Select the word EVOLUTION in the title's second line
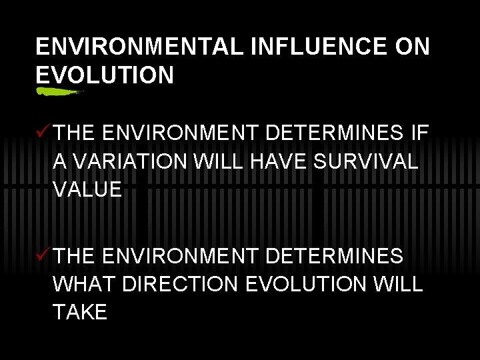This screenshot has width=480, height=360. (x=105, y=75)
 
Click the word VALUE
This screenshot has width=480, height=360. (x=87, y=189)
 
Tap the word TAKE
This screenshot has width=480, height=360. (x=80, y=313)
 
